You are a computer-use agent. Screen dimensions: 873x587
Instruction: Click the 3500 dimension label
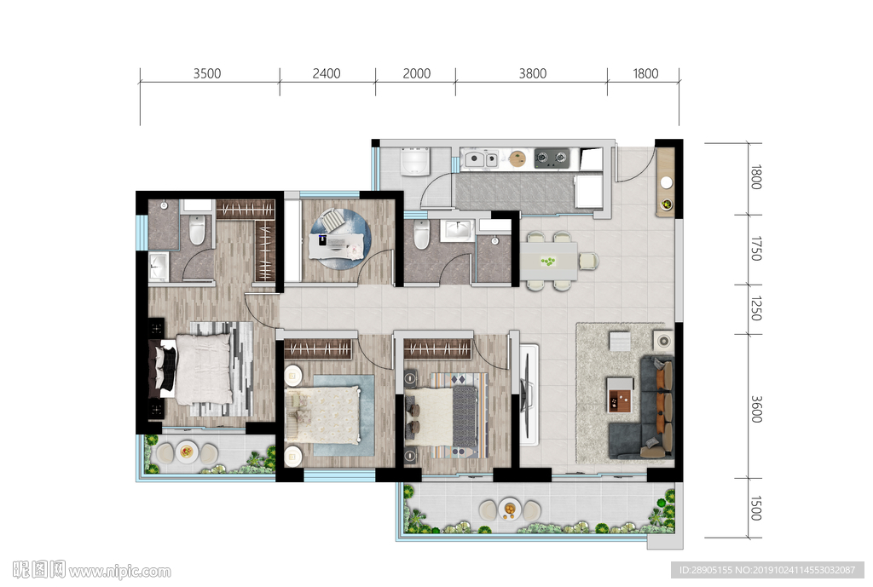[x=207, y=73]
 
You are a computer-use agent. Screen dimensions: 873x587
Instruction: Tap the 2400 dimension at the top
[x=327, y=73]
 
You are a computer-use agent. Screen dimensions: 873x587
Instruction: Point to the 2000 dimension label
[x=416, y=73]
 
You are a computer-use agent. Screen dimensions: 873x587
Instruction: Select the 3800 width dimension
[x=532, y=73]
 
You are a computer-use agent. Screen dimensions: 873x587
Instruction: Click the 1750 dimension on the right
[x=755, y=248]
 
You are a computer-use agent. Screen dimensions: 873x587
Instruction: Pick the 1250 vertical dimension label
[x=755, y=308]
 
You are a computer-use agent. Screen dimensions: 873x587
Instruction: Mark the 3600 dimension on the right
[x=755, y=409]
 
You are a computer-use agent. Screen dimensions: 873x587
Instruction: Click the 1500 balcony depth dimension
[x=755, y=508]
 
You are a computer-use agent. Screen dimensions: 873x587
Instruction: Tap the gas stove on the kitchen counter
[x=552, y=158]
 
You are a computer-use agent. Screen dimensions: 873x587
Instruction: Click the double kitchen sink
[x=481, y=159]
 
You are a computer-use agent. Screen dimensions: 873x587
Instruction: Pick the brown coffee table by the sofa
[x=620, y=395]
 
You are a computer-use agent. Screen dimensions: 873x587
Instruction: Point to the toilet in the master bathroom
[x=197, y=230]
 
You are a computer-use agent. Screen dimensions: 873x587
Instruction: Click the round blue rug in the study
[x=340, y=239]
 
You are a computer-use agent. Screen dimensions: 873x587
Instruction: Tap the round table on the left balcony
[x=187, y=452]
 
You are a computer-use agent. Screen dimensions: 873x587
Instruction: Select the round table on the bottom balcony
[x=510, y=509]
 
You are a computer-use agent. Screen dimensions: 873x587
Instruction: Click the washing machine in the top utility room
[x=415, y=161]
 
